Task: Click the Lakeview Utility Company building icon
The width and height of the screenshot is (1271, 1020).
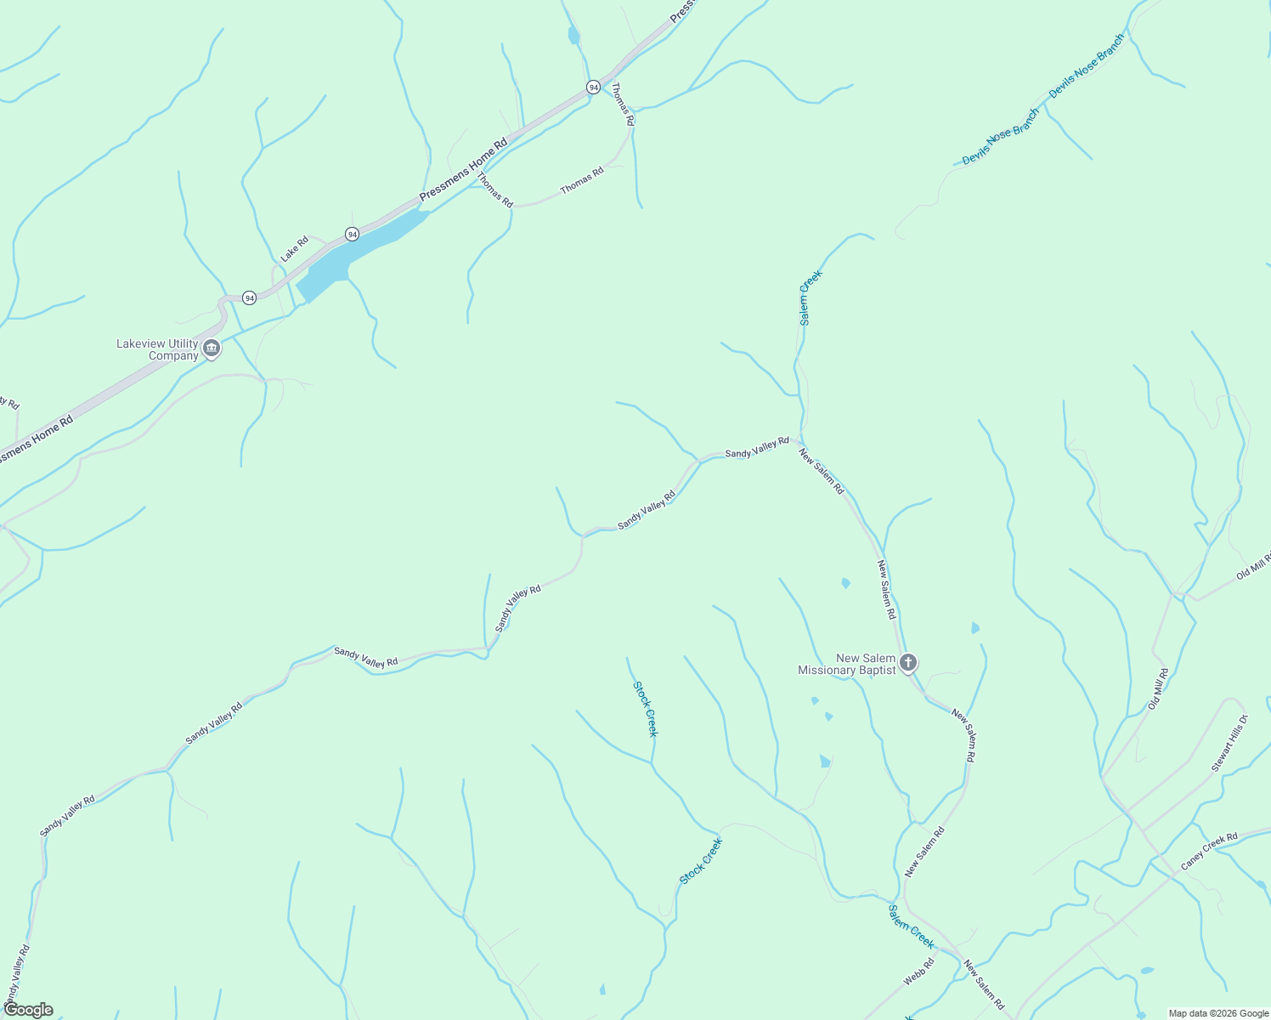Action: coord(212,348)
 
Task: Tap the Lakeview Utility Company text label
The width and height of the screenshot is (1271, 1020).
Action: coord(157,349)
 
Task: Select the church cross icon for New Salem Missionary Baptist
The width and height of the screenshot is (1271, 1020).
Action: coord(908,663)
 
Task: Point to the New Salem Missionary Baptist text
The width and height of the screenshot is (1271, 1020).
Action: coord(847,664)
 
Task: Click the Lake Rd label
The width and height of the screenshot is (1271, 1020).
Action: coord(295,249)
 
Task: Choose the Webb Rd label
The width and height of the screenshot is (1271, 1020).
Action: coord(918,972)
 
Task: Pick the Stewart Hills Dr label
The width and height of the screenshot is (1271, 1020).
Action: coord(1229,744)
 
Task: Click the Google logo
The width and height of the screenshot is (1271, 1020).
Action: coord(28,1010)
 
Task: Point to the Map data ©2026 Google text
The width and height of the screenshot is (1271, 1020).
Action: coord(1217,1013)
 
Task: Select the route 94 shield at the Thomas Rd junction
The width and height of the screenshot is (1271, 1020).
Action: coord(593,88)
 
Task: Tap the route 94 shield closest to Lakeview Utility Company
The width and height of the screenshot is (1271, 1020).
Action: coord(249,297)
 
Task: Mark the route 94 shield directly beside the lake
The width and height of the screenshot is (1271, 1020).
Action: coord(352,234)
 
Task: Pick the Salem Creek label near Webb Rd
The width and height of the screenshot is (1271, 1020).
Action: coord(911,926)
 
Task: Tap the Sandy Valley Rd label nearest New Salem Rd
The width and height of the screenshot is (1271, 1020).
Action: coord(756,448)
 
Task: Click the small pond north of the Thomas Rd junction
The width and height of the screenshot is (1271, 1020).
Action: coord(573,36)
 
